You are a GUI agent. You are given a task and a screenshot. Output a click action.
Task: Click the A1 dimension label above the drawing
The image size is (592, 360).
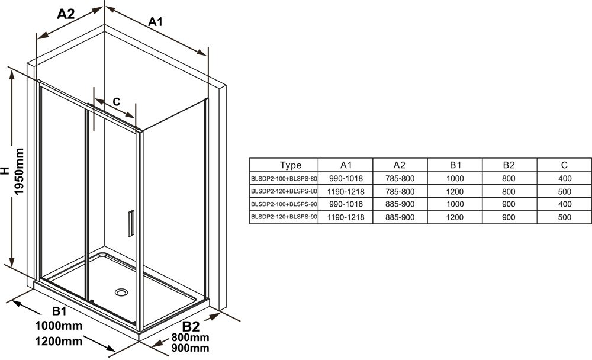tap(155, 22)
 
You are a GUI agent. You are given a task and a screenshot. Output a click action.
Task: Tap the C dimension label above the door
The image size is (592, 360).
tap(117, 102)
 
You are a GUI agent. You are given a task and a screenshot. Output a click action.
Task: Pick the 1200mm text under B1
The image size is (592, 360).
tap(58, 341)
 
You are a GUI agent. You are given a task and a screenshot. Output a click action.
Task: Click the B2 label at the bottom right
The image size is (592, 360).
tap(191, 326)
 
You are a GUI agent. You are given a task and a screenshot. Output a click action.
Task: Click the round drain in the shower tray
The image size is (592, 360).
tap(122, 292)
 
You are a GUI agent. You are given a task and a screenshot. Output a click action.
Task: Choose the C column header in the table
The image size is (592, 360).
tap(564, 165)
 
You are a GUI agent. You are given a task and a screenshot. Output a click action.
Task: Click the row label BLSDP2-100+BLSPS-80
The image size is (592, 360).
tap(285, 178)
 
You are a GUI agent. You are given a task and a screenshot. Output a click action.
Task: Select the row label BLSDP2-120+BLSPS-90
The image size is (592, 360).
tap(285, 217)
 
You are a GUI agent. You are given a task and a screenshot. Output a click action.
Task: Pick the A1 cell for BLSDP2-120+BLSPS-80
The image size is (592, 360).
tap(346, 191)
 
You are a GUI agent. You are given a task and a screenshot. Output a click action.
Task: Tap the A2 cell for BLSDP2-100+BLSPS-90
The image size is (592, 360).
tap(399, 204)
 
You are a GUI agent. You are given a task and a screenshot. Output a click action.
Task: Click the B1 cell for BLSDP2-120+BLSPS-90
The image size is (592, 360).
tap(455, 217)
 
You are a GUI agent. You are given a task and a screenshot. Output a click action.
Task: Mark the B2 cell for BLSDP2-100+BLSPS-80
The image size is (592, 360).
tap(509, 178)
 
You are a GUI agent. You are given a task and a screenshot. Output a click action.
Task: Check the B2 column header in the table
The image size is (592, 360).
tap(509, 165)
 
